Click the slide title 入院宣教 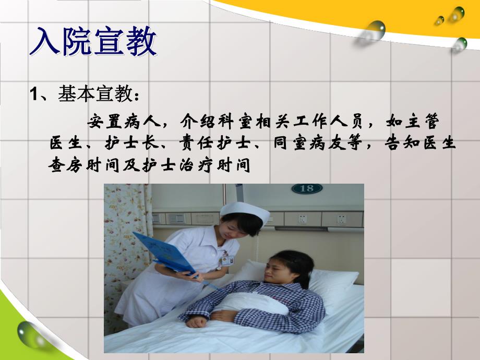93,43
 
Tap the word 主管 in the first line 427,122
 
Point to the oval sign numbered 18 307,188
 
